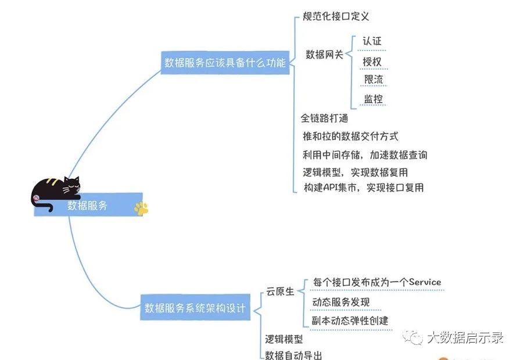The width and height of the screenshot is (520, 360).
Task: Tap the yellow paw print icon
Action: pyautogui.click(x=141, y=208)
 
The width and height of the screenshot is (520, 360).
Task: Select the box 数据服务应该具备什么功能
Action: pyautogui.click(x=225, y=63)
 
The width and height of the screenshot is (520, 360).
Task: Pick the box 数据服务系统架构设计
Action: pyautogui.click(x=195, y=308)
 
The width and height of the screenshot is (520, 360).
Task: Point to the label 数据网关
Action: pyautogui.click(x=324, y=55)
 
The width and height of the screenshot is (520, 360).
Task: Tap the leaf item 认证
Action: pyautogui.click(x=372, y=41)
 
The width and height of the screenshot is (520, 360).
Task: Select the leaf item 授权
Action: pyautogui.click(x=372, y=61)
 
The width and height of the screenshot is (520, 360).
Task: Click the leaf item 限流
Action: pyautogui.click(x=373, y=80)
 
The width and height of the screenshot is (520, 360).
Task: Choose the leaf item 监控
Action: pyautogui.click(x=373, y=99)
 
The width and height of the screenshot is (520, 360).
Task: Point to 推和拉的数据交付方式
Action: pyautogui.click(x=350, y=136)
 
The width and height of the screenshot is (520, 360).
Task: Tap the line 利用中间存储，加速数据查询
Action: pyautogui.click(x=365, y=154)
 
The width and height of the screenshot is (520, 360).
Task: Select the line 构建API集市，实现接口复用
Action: pyautogui.click(x=364, y=187)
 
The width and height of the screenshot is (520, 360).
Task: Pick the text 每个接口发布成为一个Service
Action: pyautogui.click(x=376, y=282)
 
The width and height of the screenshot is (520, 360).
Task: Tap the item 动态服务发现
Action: pyautogui.click(x=340, y=302)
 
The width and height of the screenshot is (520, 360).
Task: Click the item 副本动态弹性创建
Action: pyautogui.click(x=350, y=321)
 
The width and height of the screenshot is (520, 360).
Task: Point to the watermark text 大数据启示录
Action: pyautogui.click(x=465, y=337)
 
